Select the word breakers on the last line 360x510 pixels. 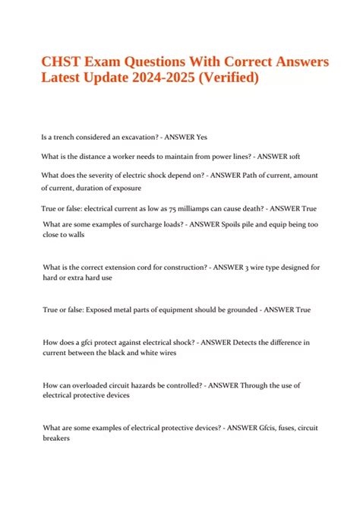(x=58, y=439)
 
